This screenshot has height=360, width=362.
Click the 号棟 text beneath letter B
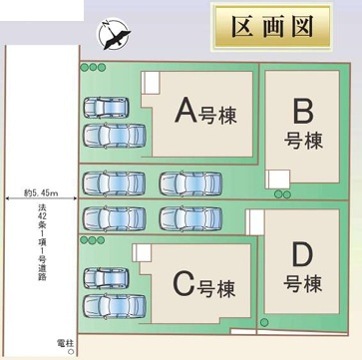click(x=302, y=140)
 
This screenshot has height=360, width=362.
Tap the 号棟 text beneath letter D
click(x=302, y=284)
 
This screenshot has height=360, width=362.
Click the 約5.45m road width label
click(x=40, y=193)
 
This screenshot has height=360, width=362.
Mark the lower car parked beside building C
click(x=114, y=304)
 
